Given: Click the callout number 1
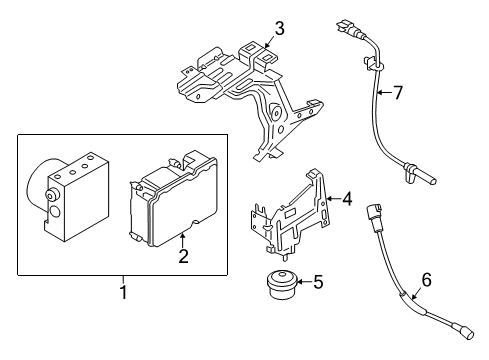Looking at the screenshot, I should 123,293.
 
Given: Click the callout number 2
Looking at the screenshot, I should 183,258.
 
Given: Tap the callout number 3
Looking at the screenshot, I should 279,28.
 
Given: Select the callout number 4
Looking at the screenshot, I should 346,199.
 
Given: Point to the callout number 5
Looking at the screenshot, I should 317,283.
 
